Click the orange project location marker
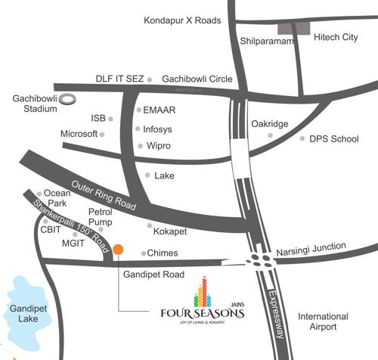(118, 250)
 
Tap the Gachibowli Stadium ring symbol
(67, 98)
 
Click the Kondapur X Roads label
(182, 21)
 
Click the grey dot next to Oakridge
(270, 135)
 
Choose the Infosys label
(162, 129)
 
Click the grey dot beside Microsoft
(102, 135)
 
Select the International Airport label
(323, 322)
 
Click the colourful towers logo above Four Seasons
(202, 291)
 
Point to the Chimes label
(163, 253)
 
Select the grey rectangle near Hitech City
(293, 29)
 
